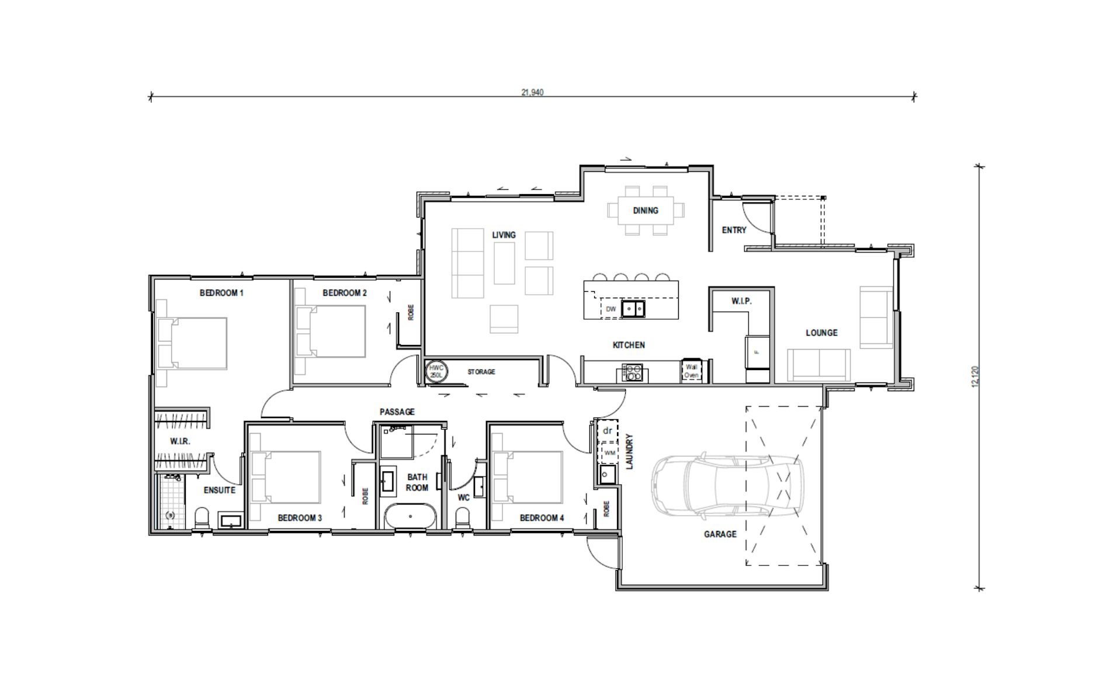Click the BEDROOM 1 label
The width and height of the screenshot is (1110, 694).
(221, 293)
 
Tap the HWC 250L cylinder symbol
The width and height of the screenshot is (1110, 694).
(436, 371)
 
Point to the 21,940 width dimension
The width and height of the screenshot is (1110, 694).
(532, 92)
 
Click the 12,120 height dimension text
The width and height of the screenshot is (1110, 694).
(974, 377)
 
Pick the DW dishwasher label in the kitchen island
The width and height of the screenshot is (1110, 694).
(610, 309)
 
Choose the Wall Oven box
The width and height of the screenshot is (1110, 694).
(692, 371)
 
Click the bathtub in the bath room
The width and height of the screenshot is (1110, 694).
(411, 516)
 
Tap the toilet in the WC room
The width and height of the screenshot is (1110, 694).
(463, 517)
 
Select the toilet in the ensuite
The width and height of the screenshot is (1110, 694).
(202, 517)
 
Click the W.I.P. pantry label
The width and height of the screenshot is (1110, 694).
(741, 301)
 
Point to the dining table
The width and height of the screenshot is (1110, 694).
(646, 210)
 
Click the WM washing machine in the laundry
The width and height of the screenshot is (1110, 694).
(609, 453)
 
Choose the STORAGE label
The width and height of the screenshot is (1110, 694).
(481, 372)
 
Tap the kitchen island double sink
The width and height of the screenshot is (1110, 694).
(633, 308)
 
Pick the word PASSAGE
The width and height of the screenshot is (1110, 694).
(397, 412)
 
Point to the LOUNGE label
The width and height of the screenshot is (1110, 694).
(821, 333)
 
